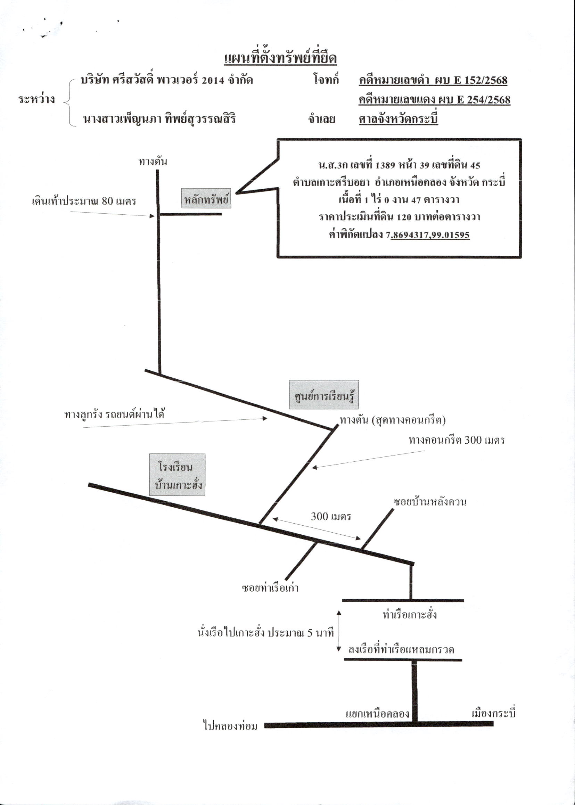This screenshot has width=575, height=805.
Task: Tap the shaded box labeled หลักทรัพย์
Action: pyautogui.click(x=206, y=198)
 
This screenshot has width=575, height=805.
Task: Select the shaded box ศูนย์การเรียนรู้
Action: pyautogui.click(x=323, y=394)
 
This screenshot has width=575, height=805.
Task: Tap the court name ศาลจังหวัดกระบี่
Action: pyautogui.click(x=398, y=119)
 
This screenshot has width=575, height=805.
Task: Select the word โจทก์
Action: pyautogui.click(x=326, y=80)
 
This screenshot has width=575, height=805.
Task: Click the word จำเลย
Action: pyautogui.click(x=322, y=119)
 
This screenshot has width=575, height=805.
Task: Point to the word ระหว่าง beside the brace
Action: pyautogui.click(x=37, y=99)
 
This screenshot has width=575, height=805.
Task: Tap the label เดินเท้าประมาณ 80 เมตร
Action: pyautogui.click(x=84, y=202)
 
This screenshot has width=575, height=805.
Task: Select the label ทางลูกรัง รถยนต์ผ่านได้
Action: pyautogui.click(x=114, y=414)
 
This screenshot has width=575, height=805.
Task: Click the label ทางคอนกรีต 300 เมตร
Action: pyautogui.click(x=457, y=440)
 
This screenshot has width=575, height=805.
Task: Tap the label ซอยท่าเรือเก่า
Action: pyautogui.click(x=270, y=588)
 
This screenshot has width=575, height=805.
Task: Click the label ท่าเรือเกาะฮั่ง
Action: pyautogui.click(x=410, y=614)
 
